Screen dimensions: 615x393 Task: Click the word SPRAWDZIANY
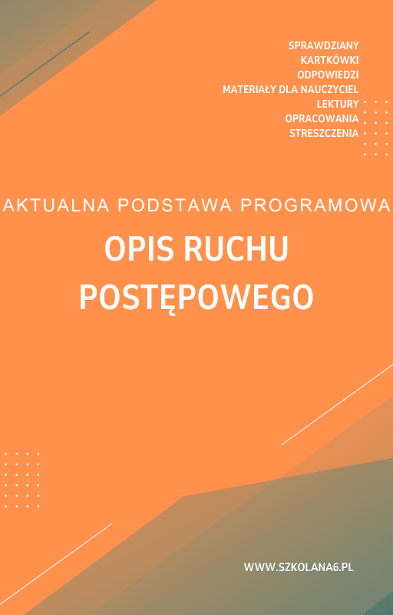[324, 45]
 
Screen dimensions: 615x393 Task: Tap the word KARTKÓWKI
[330, 60]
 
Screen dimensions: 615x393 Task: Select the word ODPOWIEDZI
[328, 75]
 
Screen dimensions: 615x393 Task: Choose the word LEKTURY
[338, 104]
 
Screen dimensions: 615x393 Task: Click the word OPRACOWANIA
[322, 118]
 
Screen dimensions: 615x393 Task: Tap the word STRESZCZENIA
[324, 133]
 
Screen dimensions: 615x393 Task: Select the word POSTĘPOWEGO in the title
[196, 296]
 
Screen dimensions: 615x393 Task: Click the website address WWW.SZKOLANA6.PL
[299, 567]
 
